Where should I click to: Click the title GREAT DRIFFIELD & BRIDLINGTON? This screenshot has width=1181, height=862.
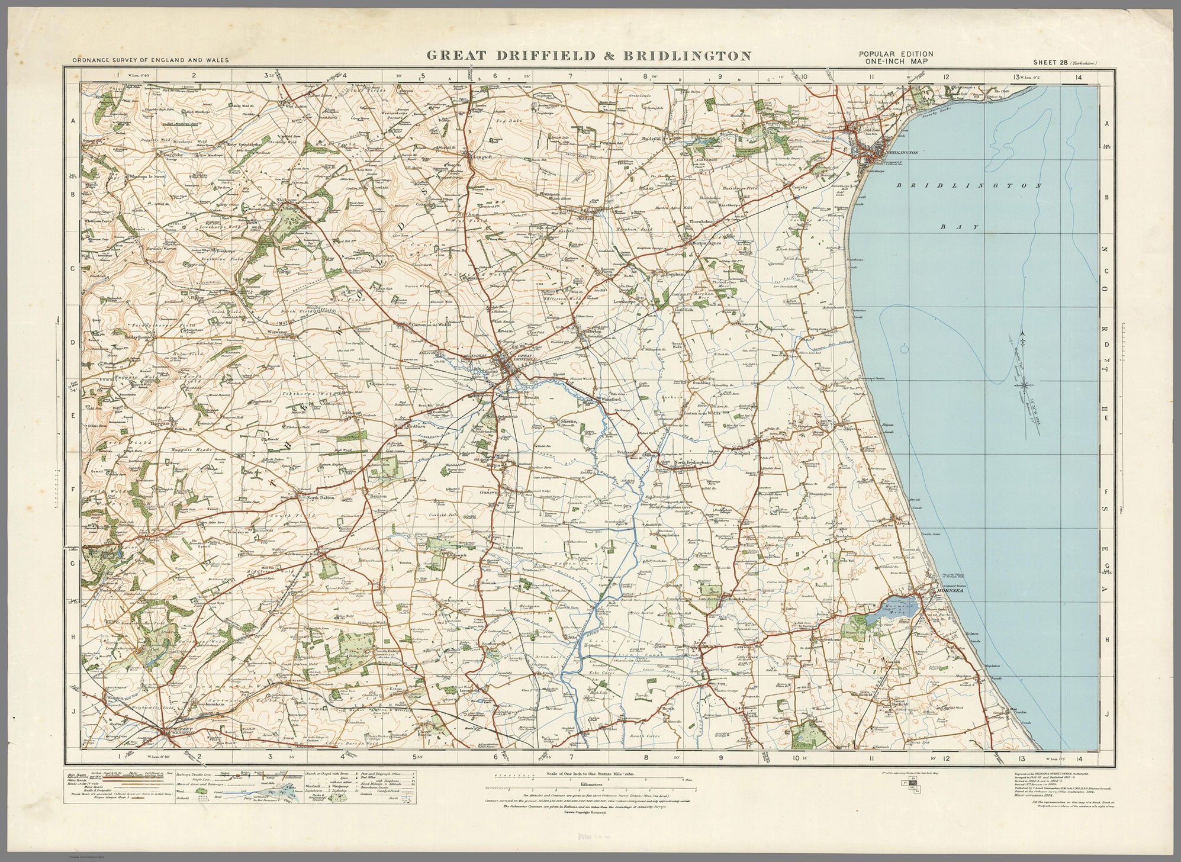pyautogui.click(x=588, y=56)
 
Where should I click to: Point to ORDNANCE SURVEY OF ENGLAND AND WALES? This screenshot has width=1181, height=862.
pyautogui.click(x=150, y=60)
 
